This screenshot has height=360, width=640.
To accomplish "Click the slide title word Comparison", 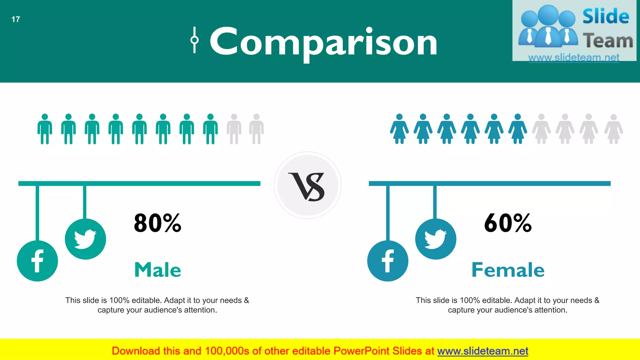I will (x=323, y=42).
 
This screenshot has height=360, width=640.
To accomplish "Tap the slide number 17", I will (x=16, y=19).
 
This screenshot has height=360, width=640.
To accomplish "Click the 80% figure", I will (x=157, y=223).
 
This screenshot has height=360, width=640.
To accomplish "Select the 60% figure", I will (x=508, y=223).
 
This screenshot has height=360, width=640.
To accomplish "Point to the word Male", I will (x=157, y=270).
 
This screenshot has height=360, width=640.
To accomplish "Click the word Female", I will (x=508, y=270).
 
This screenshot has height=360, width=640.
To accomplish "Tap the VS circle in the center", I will (x=308, y=185).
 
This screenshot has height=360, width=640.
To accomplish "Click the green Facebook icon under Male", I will (x=37, y=261).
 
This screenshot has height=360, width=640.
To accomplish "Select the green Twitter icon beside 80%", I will (x=85, y=239).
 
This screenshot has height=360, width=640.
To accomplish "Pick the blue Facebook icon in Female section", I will (x=387, y=261).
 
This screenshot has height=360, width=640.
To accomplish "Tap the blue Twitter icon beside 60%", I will (x=436, y=239).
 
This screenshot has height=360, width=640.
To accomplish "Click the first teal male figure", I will (x=45, y=129).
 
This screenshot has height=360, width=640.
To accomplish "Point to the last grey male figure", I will (x=257, y=129).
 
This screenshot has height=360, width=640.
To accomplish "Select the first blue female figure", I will (x=399, y=129).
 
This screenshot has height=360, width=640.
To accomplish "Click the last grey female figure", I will (x=613, y=129).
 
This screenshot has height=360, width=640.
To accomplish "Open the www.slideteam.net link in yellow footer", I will (x=482, y=351).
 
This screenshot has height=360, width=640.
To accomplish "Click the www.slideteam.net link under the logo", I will (x=574, y=57).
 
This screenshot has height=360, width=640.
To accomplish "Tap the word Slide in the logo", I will (x=606, y=16).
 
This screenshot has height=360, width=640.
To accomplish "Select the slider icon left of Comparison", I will (x=194, y=40).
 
